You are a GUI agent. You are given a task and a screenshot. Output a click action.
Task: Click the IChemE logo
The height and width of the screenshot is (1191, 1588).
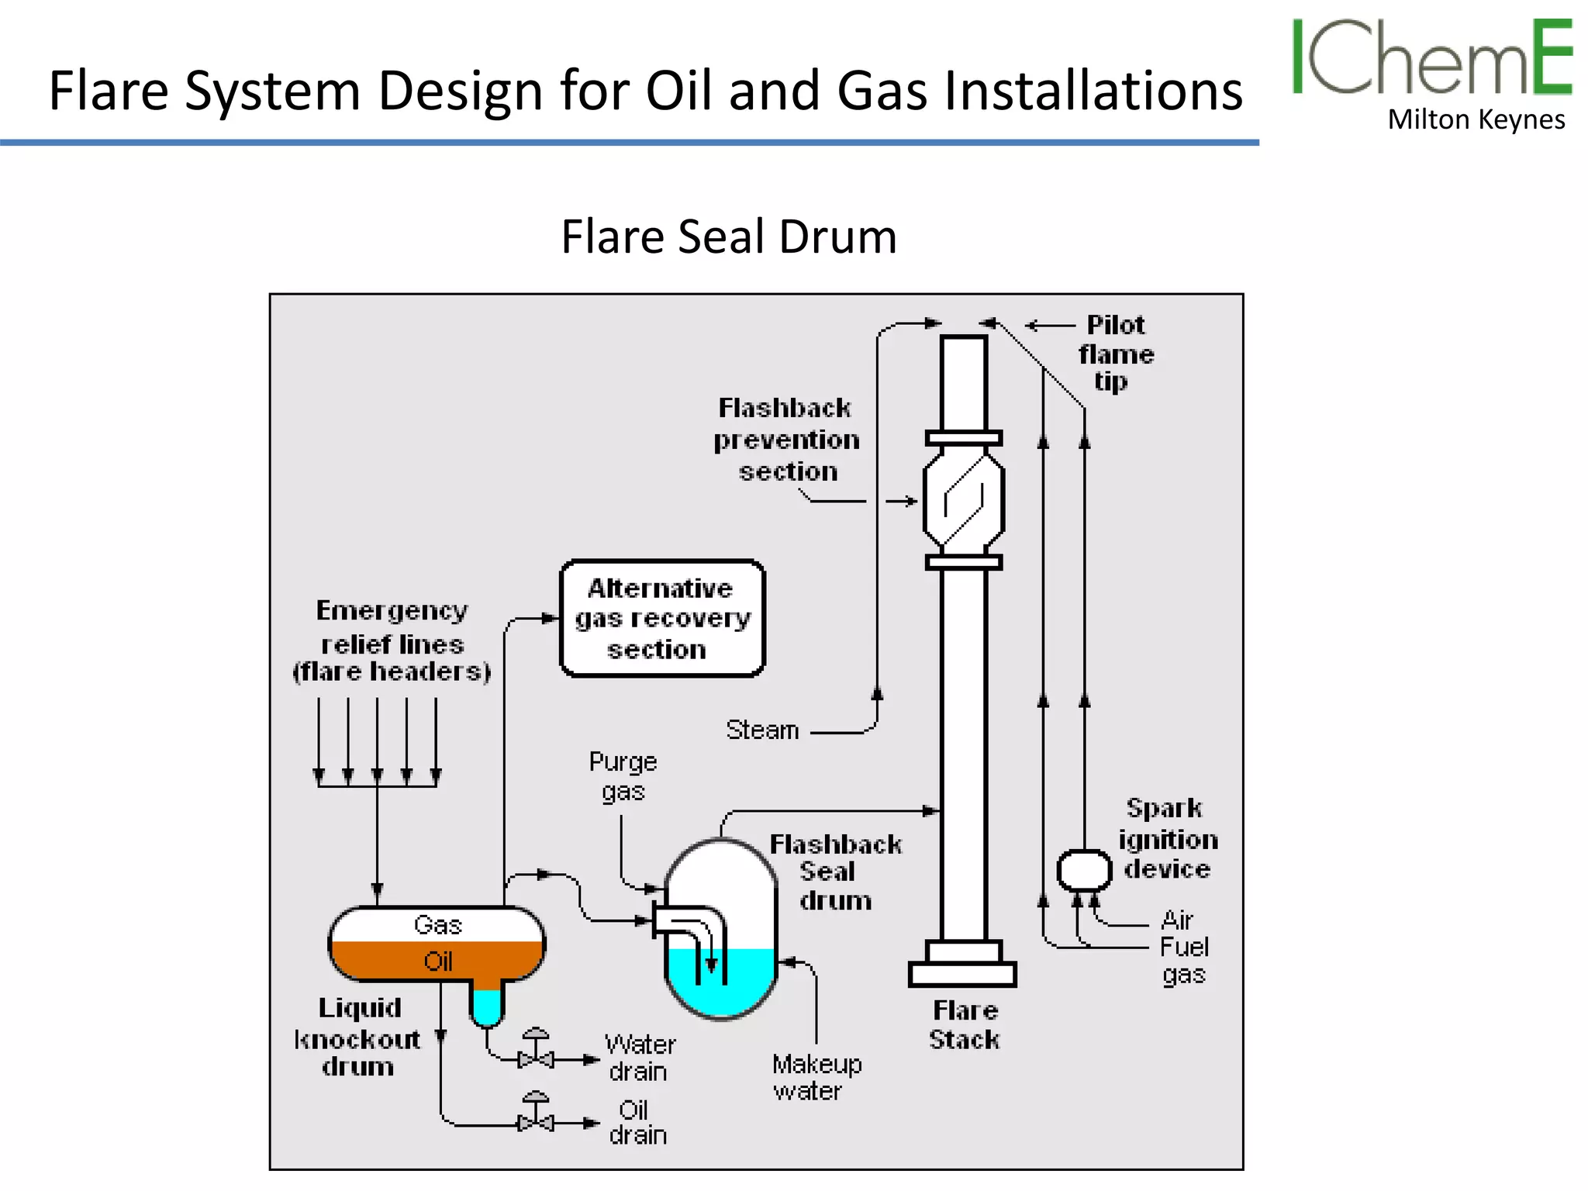coord(1431,57)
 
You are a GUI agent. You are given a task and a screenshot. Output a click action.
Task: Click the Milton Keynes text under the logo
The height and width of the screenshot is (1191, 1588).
coord(1476,120)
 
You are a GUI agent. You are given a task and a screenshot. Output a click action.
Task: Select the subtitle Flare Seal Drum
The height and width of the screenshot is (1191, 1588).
coord(728,236)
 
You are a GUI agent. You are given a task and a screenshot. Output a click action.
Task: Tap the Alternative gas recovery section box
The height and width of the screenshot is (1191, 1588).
coord(662,618)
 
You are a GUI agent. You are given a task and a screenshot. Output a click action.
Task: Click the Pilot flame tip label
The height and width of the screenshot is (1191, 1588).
coord(1115,353)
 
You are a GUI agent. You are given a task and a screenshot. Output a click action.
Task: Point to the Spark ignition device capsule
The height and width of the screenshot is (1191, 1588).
coord(1084,870)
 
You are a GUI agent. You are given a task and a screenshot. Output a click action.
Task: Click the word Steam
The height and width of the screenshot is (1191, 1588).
coord(762,730)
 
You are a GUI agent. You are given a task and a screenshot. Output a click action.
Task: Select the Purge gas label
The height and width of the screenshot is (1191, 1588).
coord(623,776)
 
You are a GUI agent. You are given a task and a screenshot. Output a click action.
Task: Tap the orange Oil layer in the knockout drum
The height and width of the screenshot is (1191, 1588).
coord(437,961)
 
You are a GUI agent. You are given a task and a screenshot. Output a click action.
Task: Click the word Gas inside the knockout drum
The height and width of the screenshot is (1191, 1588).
coord(437,924)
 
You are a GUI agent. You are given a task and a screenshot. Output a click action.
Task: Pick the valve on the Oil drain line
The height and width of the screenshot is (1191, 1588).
coord(536,1121)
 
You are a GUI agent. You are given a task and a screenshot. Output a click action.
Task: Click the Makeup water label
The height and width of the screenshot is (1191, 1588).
coord(816,1077)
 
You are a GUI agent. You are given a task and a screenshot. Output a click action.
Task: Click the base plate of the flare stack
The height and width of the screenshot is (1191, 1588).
coord(962,974)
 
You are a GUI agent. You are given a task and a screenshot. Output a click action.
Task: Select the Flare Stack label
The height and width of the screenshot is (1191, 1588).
coord(964,1024)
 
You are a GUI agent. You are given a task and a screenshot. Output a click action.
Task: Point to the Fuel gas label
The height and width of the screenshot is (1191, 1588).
coord(1183,960)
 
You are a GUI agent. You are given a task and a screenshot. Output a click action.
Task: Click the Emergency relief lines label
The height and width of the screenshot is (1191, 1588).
coord(392,640)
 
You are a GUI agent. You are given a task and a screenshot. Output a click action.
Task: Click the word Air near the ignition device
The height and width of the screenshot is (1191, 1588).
coord(1176,920)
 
